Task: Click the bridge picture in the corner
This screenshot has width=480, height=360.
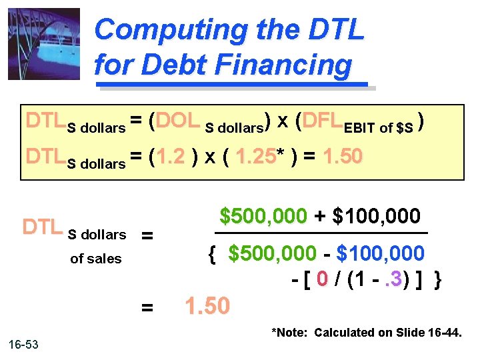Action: (x=44, y=44)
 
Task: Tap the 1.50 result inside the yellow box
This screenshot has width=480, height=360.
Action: (x=343, y=157)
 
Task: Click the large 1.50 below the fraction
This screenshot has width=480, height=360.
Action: (x=207, y=306)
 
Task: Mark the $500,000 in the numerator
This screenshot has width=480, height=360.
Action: (x=263, y=217)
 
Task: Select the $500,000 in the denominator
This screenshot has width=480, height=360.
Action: (x=271, y=254)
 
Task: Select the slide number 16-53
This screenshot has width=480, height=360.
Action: (x=23, y=344)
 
